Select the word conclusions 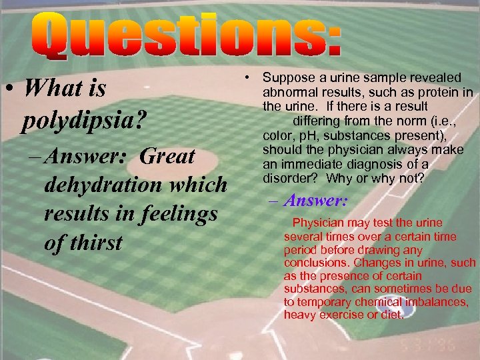[311, 263]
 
